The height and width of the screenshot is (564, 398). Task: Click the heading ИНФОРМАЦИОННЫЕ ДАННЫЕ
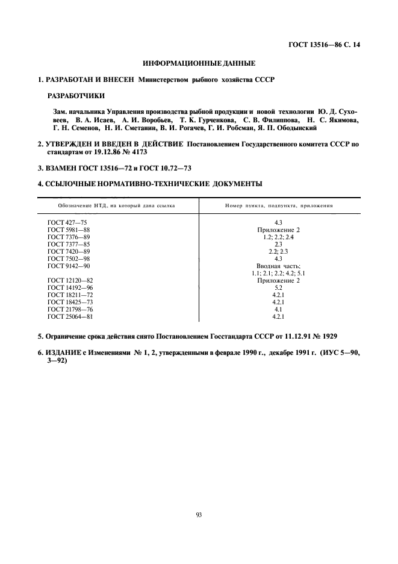coord(199,63)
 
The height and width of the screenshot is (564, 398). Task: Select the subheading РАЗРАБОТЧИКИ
coord(75,95)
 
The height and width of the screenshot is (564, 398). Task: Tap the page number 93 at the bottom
coord(199,514)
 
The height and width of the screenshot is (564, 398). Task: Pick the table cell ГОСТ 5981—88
coord(68,230)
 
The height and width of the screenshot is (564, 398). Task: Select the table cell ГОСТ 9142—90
coord(68,266)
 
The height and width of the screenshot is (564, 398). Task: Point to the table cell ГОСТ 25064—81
coord(70,317)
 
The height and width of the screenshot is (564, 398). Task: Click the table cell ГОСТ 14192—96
coord(70,288)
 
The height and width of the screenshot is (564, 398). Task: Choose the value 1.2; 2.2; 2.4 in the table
coord(278,237)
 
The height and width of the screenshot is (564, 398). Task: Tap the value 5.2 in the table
coord(278,288)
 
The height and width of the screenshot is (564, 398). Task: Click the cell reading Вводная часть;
coord(278,266)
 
